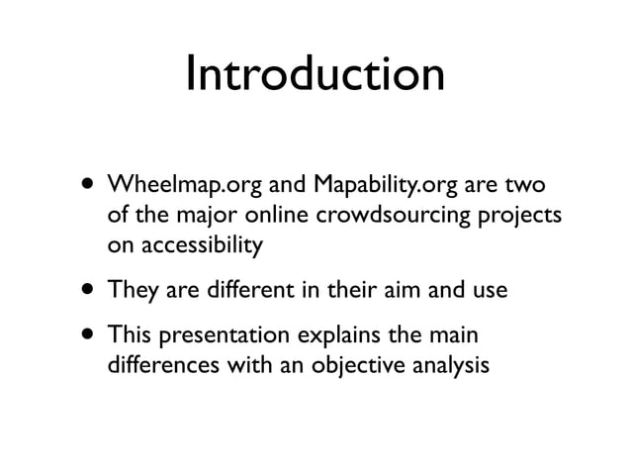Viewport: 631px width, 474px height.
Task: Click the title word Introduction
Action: [x=315, y=75]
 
